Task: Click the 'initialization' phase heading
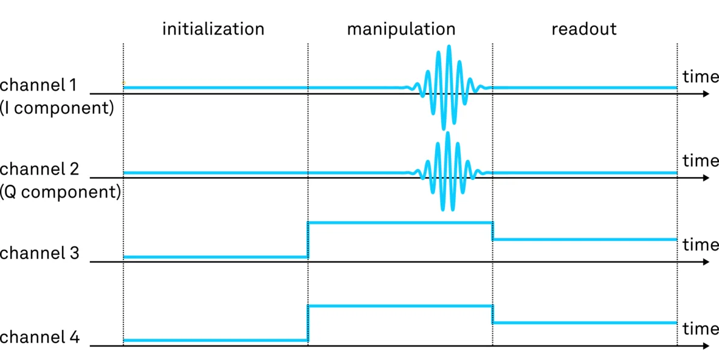[x=213, y=29]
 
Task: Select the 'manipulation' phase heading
[x=401, y=29]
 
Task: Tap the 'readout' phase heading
[x=583, y=29]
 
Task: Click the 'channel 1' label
[x=38, y=85]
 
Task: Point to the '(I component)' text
[x=57, y=109]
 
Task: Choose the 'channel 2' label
[x=40, y=169]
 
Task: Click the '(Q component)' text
[x=60, y=193]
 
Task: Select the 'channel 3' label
[x=40, y=253]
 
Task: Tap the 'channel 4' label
[x=40, y=337]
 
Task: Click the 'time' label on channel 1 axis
[x=700, y=77]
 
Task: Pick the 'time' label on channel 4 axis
[x=700, y=329]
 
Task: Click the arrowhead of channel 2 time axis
[x=705, y=178]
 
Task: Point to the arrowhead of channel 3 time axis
[x=705, y=262]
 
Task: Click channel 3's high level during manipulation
[x=400, y=223]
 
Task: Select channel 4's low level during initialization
[x=215, y=341]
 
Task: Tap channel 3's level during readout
[x=584, y=240]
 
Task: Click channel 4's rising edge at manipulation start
[x=308, y=323]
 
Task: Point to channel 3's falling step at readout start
[x=492, y=231]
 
